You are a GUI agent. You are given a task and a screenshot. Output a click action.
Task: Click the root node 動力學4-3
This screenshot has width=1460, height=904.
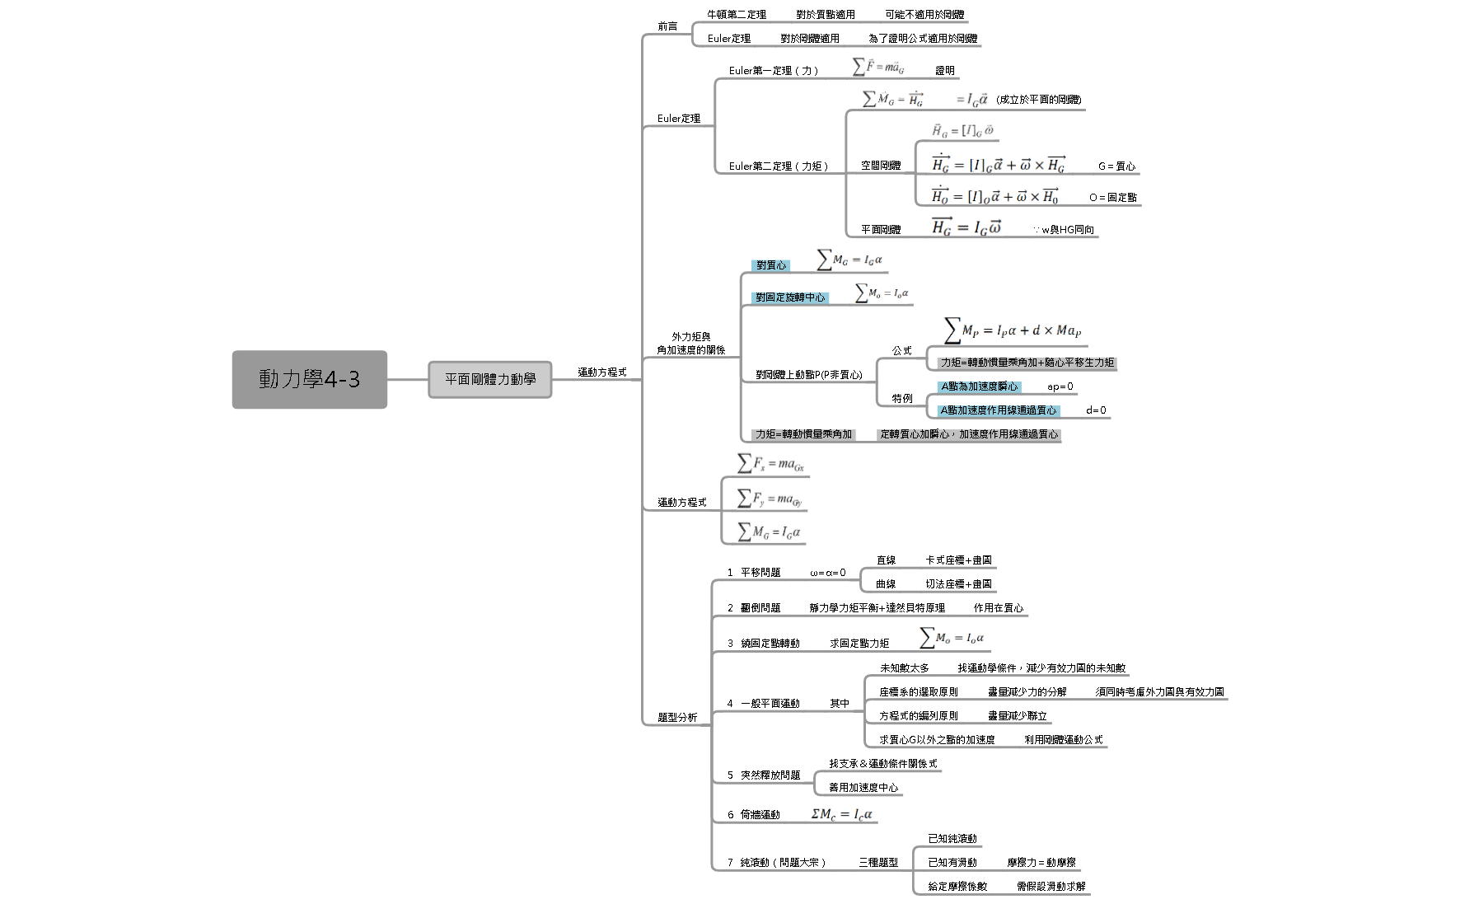click(x=309, y=379)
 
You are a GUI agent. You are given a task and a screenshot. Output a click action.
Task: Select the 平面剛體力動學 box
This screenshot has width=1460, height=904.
click(x=490, y=379)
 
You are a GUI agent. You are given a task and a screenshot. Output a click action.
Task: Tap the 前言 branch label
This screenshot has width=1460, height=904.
click(x=667, y=26)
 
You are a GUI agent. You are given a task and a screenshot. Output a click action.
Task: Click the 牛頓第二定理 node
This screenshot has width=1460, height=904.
click(x=737, y=15)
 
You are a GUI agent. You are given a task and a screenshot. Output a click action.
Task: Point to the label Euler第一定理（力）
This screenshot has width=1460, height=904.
click(x=774, y=71)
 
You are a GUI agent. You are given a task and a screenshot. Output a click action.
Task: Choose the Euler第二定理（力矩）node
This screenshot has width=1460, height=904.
click(x=779, y=166)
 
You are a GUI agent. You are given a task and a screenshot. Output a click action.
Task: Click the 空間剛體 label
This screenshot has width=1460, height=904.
click(x=881, y=166)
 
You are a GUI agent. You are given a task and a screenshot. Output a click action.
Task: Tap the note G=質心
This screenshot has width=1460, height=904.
click(x=1116, y=166)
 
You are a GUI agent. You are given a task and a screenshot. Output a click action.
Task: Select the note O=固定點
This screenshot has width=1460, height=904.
click(x=1112, y=198)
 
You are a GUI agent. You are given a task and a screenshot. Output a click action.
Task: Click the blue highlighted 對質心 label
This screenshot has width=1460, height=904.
click(x=771, y=265)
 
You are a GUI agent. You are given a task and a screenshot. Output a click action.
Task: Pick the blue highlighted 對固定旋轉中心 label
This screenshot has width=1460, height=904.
click(x=789, y=297)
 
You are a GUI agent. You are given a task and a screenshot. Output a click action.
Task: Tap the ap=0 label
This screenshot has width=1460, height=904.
click(x=1060, y=386)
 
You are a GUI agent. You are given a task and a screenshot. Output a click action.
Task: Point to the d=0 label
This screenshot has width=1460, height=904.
click(x=1096, y=410)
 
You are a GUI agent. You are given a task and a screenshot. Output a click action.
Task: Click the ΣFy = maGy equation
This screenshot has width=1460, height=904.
click(x=769, y=499)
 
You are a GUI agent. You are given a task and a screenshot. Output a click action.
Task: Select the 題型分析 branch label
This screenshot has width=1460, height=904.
click(x=677, y=718)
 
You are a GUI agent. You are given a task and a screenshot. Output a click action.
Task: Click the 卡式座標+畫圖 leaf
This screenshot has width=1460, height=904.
click(x=958, y=560)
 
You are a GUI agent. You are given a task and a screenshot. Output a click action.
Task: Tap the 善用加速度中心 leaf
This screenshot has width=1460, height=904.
click(x=863, y=788)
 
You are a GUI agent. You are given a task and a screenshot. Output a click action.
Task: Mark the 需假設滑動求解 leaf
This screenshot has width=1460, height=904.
click(x=1051, y=887)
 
